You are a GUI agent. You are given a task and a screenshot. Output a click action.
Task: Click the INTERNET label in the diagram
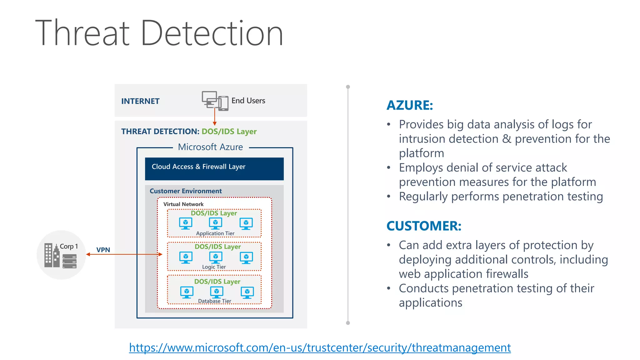click(140, 101)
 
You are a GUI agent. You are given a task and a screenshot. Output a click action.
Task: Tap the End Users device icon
click(215, 101)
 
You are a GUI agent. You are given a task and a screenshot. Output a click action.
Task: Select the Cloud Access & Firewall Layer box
click(214, 169)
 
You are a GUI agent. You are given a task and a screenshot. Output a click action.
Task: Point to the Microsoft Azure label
click(210, 147)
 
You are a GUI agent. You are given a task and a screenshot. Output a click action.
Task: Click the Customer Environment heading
click(186, 191)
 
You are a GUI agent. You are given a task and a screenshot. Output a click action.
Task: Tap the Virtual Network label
click(183, 204)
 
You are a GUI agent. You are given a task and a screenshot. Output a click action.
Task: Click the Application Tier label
click(215, 233)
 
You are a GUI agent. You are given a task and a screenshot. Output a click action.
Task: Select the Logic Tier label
click(214, 267)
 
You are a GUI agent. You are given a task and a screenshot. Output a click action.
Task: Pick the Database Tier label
click(214, 301)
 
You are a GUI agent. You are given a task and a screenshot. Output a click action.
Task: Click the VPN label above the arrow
click(103, 250)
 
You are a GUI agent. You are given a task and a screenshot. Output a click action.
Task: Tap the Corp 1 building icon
click(52, 255)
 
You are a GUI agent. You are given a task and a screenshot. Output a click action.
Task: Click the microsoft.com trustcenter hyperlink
click(320, 347)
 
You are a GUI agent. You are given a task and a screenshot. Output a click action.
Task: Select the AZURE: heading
click(410, 105)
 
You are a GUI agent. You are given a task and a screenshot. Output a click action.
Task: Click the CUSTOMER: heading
click(424, 226)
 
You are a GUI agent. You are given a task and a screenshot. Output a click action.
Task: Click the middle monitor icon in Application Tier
click(215, 223)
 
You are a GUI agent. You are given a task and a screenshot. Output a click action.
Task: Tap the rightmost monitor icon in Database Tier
click(247, 292)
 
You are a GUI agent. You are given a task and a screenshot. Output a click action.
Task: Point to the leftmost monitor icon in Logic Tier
click(186, 257)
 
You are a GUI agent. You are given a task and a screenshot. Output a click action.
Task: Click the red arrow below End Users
click(215, 117)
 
